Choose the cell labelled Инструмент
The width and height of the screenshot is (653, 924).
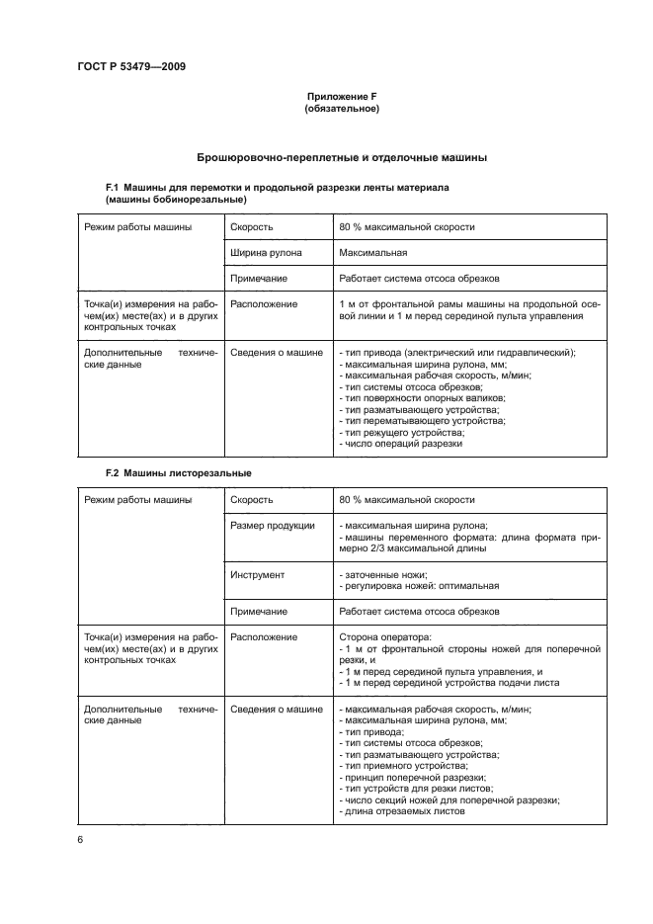tap(257, 574)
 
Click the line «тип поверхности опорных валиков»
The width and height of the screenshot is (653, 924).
tap(418, 397)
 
